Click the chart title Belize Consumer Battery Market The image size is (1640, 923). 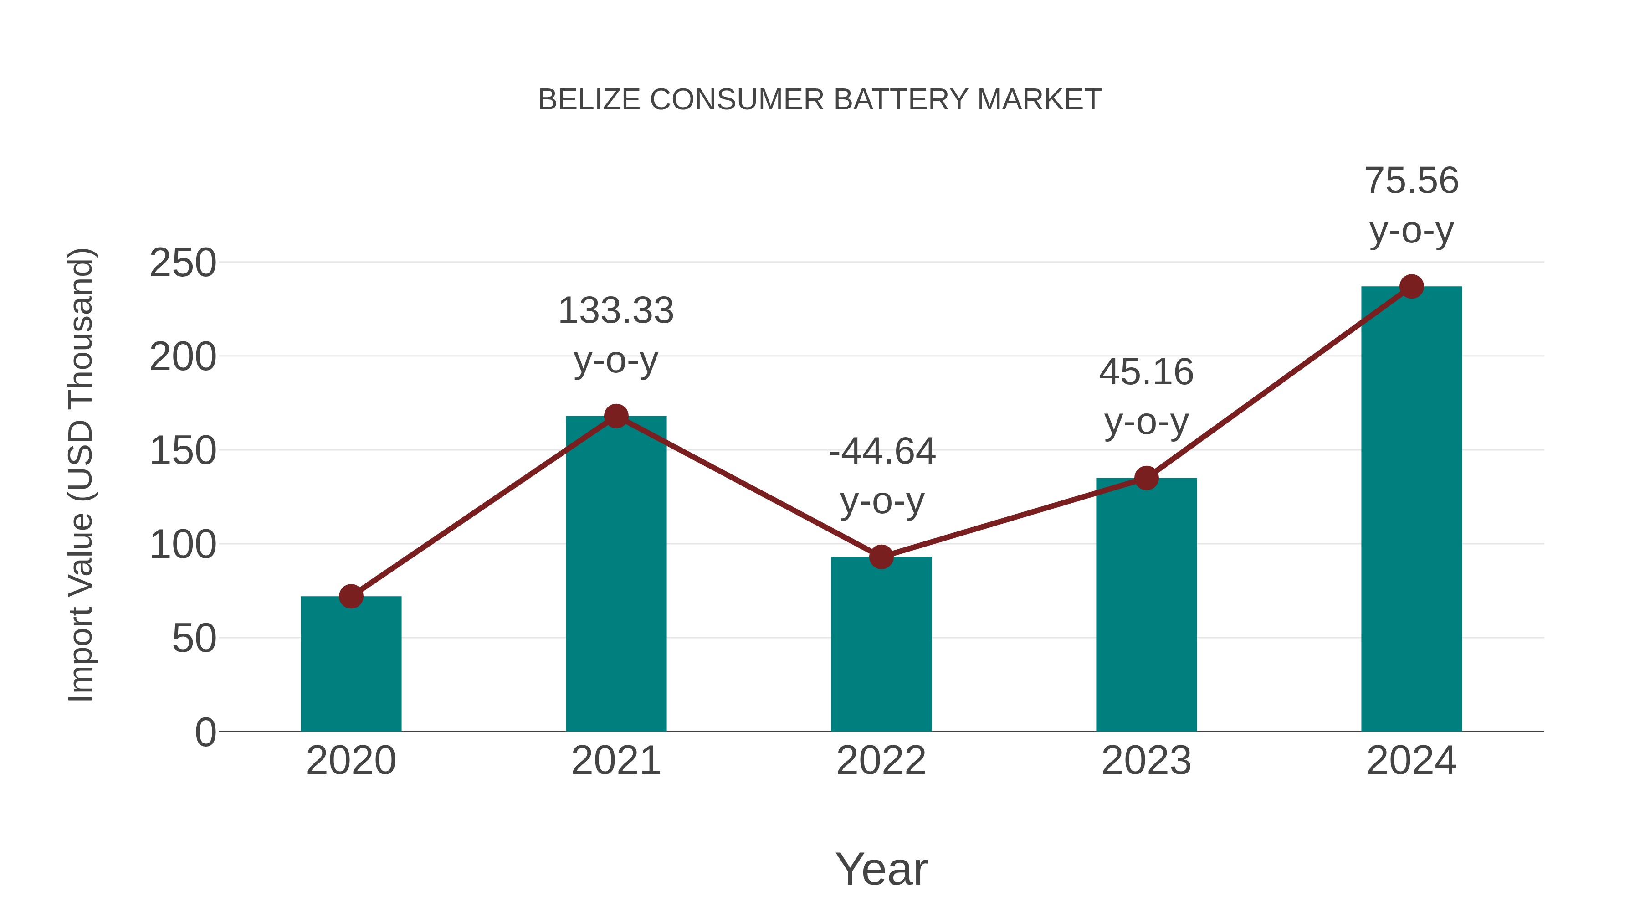[x=820, y=100]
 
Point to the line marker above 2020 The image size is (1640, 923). [x=351, y=596]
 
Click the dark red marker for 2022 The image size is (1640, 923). [x=881, y=557]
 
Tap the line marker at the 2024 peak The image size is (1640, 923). [x=1411, y=287]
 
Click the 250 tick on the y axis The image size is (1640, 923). [x=183, y=263]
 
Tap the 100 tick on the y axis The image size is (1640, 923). [x=183, y=545]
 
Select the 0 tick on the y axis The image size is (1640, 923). [x=205, y=732]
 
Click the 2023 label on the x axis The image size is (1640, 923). [x=1146, y=761]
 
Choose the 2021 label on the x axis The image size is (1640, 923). [x=615, y=761]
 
